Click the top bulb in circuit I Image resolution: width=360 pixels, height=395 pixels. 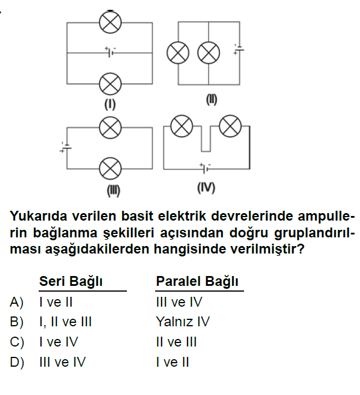coord(110,22)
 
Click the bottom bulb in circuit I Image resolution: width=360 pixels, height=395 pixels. coord(110,84)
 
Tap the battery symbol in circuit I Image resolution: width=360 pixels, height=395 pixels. coord(110,52)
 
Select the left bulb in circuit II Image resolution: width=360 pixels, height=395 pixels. coord(178,53)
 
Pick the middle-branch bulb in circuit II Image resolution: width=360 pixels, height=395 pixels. coord(208,53)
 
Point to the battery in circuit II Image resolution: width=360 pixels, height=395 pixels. coord(239,49)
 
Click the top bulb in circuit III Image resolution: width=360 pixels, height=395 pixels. coord(110,128)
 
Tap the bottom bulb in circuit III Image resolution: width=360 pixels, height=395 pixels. coord(110,169)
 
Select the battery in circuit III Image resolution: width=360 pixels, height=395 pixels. coord(66,147)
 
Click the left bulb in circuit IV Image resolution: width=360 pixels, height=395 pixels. coord(182,126)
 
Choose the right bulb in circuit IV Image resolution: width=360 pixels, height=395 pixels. coord(230,126)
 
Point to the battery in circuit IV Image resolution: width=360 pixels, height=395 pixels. coord(205,168)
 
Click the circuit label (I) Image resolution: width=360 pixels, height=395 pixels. coord(110,105)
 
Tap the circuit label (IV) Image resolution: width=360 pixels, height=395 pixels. coord(206,188)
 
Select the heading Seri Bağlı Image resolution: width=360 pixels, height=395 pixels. coord(71,281)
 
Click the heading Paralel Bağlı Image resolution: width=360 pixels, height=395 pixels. coord(197,281)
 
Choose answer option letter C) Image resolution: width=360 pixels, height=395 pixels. coord(17,342)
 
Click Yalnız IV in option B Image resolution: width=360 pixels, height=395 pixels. coord(183,322)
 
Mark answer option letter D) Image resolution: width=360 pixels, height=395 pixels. coord(17,362)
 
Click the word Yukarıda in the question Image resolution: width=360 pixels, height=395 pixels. coord(39,216)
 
